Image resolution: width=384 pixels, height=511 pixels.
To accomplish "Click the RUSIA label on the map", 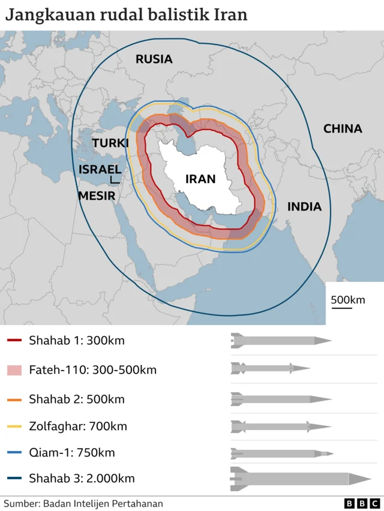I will pyautogui.click(x=154, y=59).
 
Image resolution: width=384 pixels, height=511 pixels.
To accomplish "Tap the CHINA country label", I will pyautogui.click(x=343, y=128).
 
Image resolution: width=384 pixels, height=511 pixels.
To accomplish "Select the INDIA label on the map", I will pyautogui.click(x=304, y=207).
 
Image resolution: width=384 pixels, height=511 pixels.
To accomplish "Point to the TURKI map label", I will pyautogui.click(x=110, y=143).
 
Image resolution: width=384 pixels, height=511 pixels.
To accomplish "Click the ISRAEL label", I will pyautogui.click(x=100, y=169).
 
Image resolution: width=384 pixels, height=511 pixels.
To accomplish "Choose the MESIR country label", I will pyautogui.click(x=97, y=195).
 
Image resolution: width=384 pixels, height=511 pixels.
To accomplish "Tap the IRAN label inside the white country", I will pyautogui.click(x=200, y=179).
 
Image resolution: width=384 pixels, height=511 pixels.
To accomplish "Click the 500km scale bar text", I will pyautogui.click(x=348, y=299).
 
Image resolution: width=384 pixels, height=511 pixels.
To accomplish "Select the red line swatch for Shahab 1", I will pyautogui.click(x=15, y=341).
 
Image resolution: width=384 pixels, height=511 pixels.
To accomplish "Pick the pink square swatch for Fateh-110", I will pyautogui.click(x=15, y=370).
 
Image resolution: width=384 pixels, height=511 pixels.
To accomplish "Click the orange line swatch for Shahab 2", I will pyautogui.click(x=15, y=399).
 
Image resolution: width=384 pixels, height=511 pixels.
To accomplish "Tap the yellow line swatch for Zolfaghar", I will pyautogui.click(x=15, y=427).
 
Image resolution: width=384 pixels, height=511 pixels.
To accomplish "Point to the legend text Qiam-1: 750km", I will pyautogui.click(x=72, y=453).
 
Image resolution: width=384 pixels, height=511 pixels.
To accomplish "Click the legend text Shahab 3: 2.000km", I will pyautogui.click(x=82, y=478).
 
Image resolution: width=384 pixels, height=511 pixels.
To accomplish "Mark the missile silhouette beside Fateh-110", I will pyautogui.click(x=271, y=368).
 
